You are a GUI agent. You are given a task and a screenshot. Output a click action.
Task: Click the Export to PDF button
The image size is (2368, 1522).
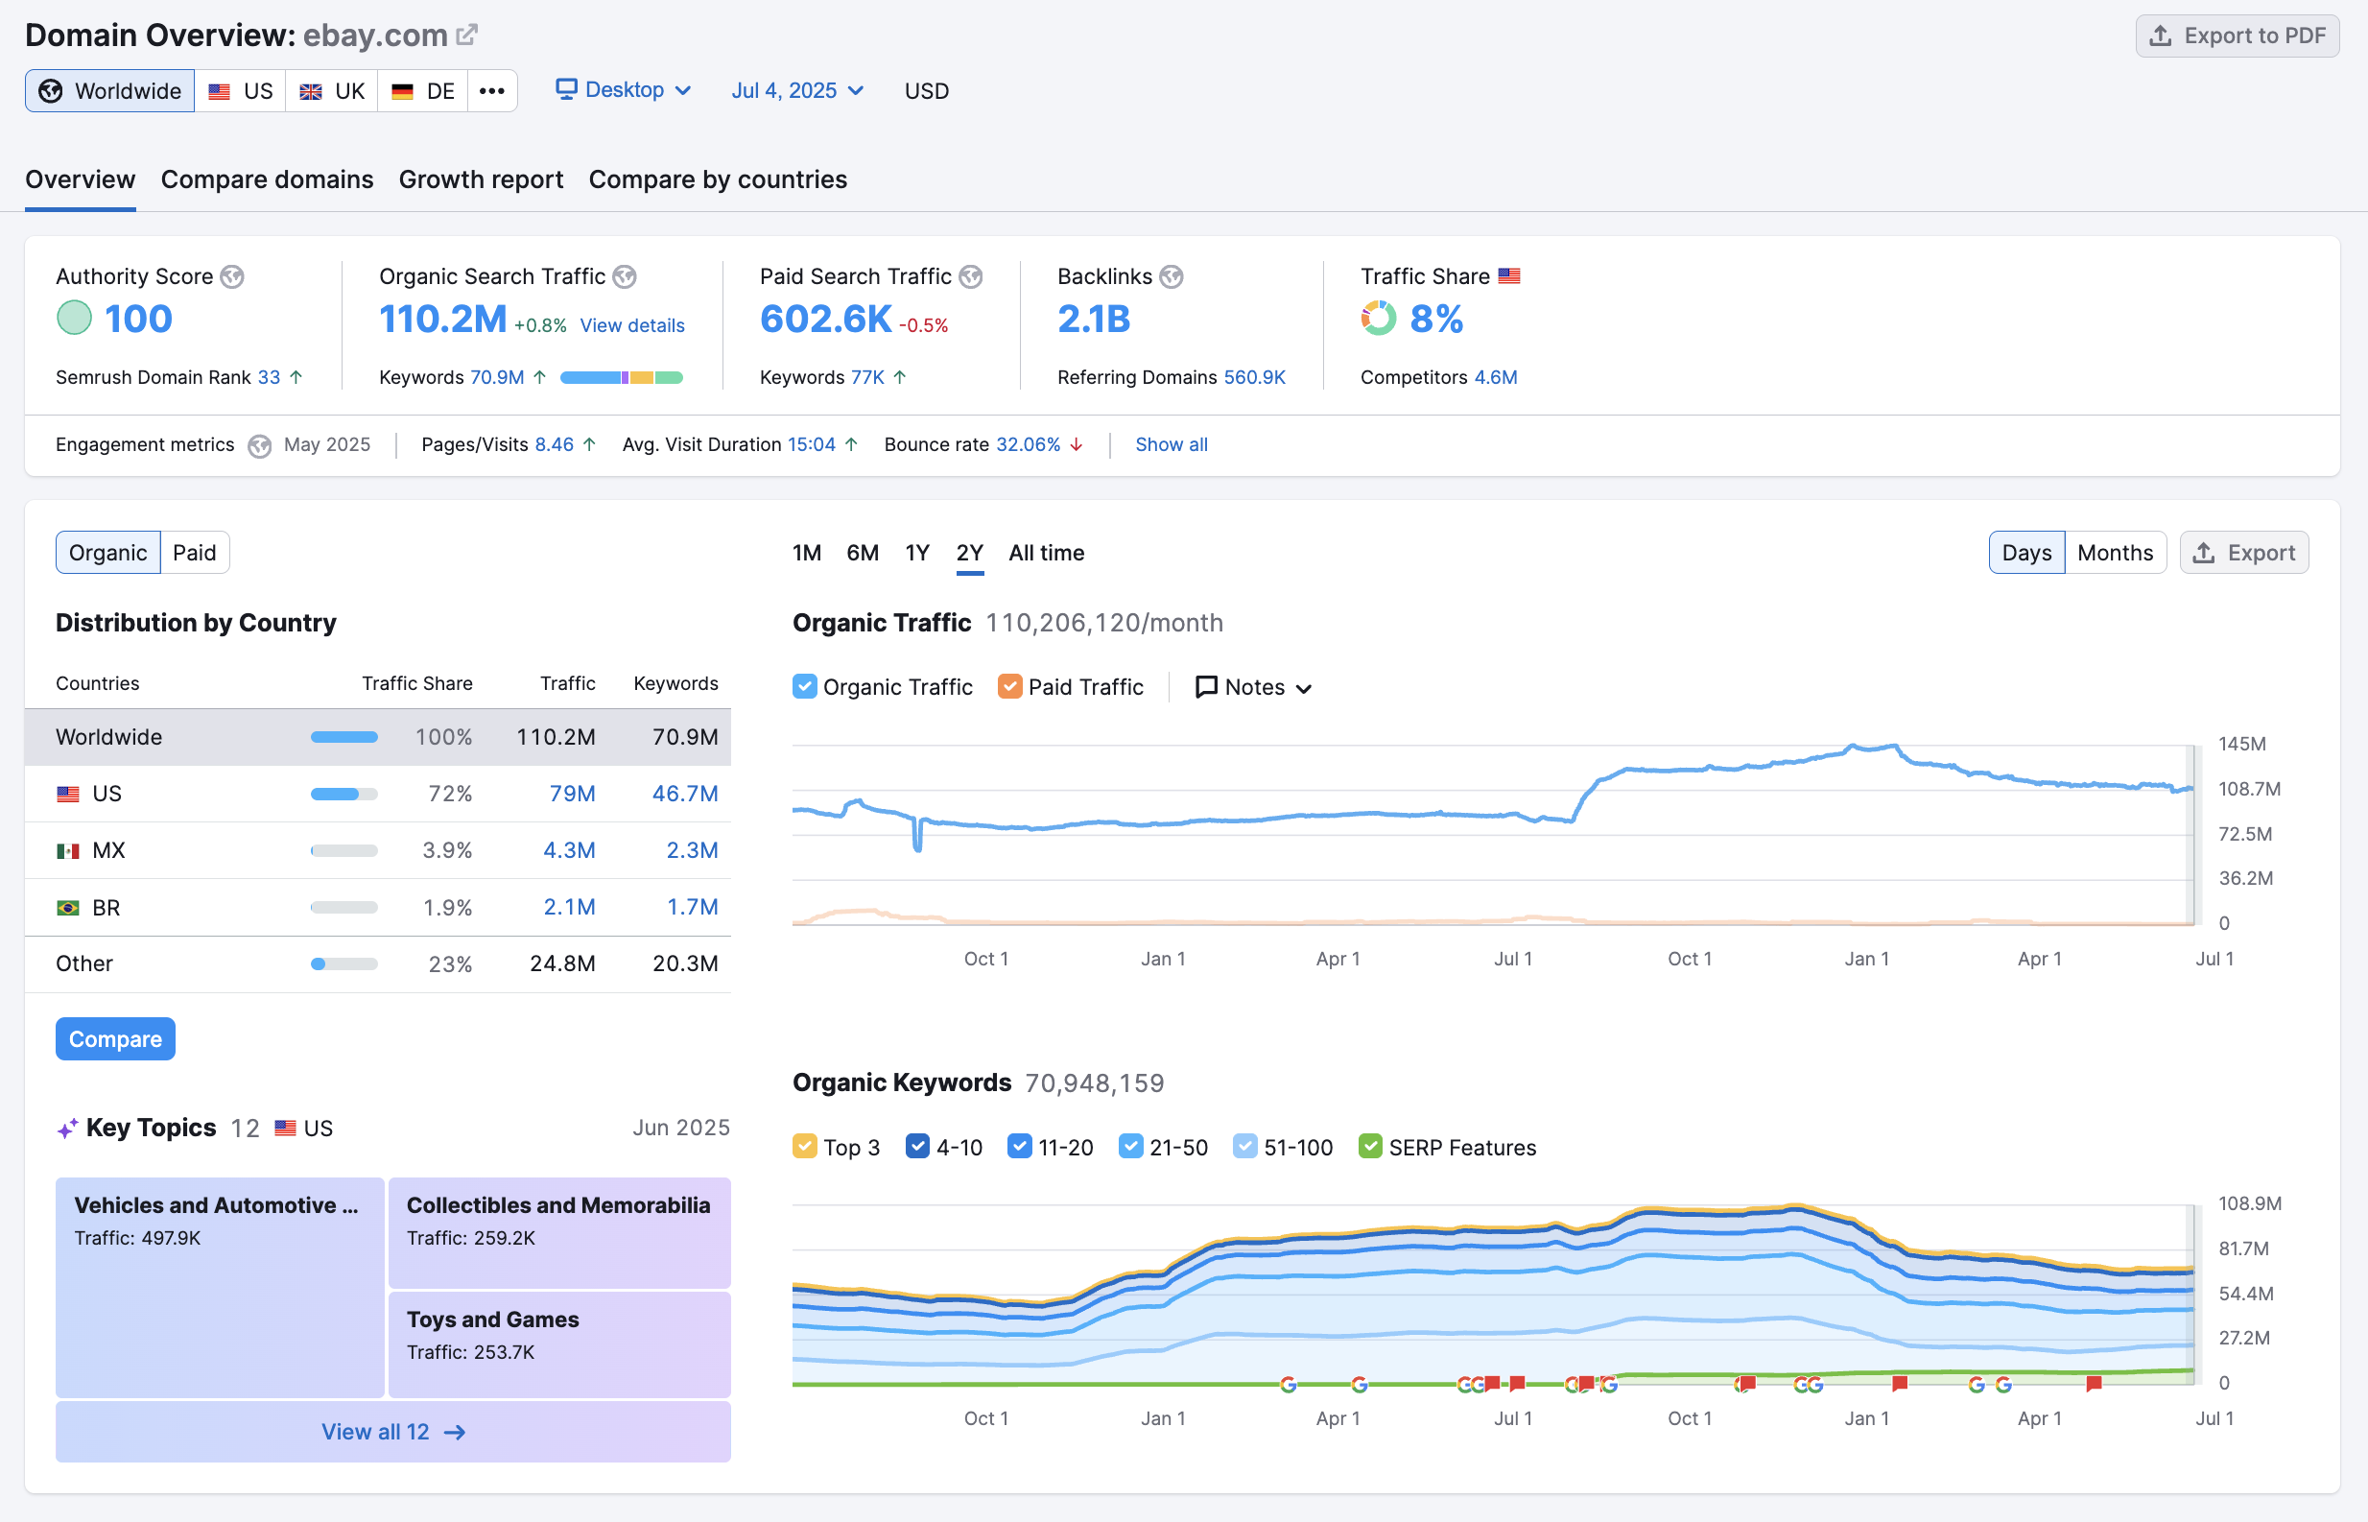(x=2237, y=36)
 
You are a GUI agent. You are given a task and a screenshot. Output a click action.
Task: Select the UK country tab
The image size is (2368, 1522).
(x=332, y=91)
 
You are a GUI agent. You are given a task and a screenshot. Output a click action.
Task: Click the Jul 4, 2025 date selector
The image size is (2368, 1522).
(x=796, y=91)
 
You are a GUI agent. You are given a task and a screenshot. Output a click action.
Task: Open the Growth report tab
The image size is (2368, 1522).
(x=480, y=179)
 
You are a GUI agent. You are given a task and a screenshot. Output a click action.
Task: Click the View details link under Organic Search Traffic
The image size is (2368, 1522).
(x=631, y=325)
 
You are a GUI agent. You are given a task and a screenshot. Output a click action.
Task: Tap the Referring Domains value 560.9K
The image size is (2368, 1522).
(x=1254, y=377)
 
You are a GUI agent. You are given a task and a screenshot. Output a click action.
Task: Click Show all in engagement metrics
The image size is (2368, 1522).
(x=1171, y=444)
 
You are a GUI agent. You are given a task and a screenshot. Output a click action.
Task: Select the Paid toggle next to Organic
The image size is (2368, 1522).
(x=194, y=553)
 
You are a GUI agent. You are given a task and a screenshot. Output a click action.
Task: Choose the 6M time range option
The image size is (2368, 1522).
(x=862, y=553)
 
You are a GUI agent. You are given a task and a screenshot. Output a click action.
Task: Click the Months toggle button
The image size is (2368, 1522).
(x=2114, y=553)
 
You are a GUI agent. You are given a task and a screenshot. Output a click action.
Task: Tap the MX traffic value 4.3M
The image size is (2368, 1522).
(x=569, y=850)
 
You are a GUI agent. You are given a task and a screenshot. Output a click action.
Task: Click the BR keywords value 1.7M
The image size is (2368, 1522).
(x=692, y=907)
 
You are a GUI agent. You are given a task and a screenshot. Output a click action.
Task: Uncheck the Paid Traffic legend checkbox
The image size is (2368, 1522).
(x=1009, y=687)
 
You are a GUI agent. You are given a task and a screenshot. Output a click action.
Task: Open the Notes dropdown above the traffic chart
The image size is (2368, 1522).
(x=1253, y=687)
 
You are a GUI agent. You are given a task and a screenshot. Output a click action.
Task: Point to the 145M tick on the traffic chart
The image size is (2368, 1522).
(x=2240, y=744)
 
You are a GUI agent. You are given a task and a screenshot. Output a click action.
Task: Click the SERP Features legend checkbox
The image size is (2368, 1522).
(x=1369, y=1148)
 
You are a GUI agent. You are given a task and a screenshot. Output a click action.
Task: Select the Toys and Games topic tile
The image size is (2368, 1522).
(x=559, y=1344)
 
